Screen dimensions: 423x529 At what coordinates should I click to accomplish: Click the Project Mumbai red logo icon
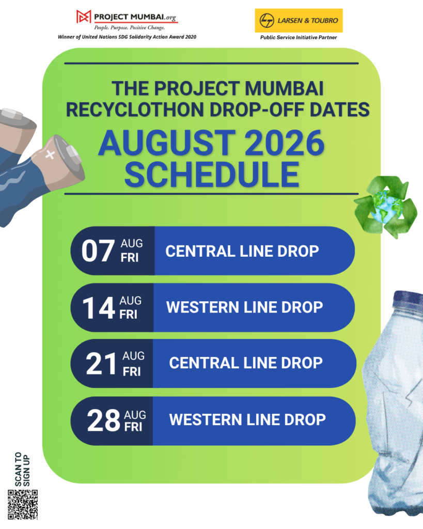(84, 17)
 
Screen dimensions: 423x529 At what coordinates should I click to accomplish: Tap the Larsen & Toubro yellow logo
(299, 21)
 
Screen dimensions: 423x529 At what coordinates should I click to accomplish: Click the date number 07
(98, 251)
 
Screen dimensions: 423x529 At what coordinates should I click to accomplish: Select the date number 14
(99, 308)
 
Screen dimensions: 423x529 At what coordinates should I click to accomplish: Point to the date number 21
(101, 364)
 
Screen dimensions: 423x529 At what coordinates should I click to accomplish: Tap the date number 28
(103, 421)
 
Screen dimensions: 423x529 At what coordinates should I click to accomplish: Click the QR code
(23, 505)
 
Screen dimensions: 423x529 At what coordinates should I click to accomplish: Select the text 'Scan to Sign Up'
(23, 469)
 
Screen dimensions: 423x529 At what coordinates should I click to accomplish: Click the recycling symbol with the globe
(385, 207)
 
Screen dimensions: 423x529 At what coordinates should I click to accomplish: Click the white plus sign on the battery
(50, 154)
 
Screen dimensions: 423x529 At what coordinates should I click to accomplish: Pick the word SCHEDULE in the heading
(212, 175)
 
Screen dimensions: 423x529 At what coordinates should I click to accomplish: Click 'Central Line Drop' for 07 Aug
(242, 252)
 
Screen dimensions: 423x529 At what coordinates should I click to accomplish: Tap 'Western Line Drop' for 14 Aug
(245, 307)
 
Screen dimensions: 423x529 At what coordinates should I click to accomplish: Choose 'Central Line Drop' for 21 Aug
(246, 363)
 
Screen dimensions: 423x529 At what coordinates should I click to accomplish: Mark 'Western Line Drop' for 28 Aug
(247, 419)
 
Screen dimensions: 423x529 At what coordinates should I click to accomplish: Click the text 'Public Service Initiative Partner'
(299, 37)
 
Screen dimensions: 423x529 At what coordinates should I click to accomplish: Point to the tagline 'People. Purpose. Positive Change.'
(130, 28)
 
